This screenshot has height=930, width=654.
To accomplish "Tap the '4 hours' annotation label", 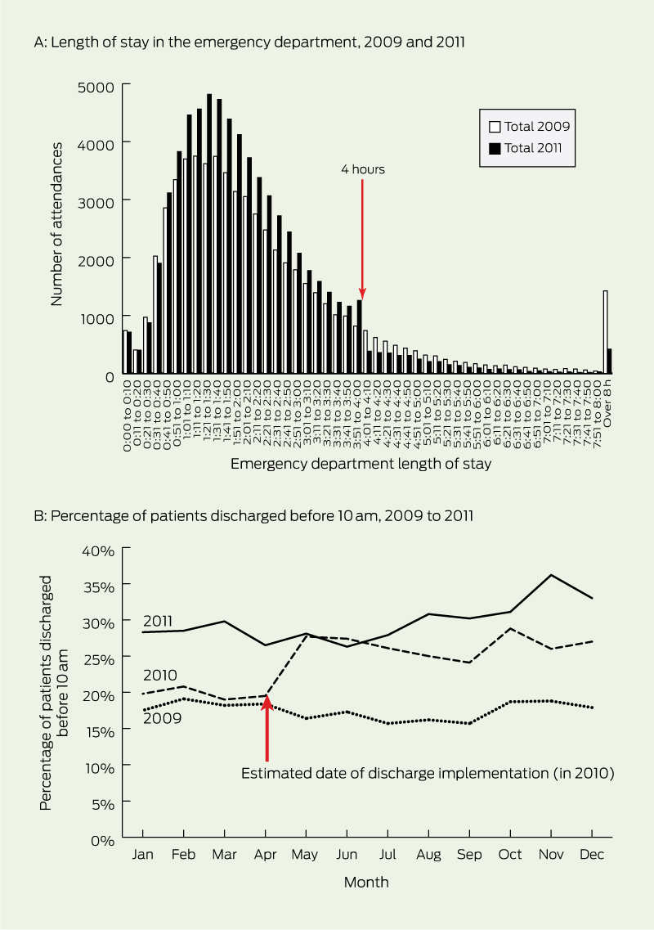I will [x=362, y=169].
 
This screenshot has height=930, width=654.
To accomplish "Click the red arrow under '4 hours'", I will [x=362, y=237].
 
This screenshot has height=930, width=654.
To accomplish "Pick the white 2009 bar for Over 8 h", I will [x=605, y=331].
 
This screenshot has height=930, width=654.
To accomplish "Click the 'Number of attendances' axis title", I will [x=56, y=223].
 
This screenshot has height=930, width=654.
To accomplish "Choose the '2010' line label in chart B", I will [x=159, y=676].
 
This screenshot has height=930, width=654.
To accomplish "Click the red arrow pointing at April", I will [x=267, y=728].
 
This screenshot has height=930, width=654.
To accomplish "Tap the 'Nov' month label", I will [x=552, y=855].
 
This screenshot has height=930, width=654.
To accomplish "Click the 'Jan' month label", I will [x=143, y=855].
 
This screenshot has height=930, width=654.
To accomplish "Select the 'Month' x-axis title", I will [x=366, y=883].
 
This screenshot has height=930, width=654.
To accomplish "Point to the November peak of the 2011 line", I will [x=552, y=575].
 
